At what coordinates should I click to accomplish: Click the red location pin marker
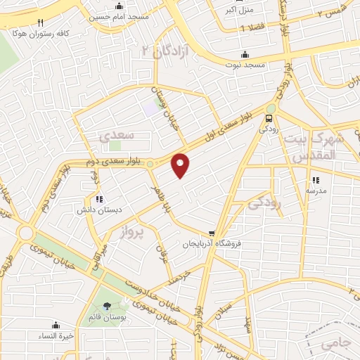point(181,165)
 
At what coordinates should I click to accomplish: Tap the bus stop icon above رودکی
point(271,118)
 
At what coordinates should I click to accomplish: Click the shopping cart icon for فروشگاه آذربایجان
point(212,233)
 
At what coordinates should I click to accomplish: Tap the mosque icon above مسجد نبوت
point(245,54)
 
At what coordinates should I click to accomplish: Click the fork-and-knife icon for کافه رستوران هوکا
point(40,22)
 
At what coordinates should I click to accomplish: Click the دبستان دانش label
point(99,209)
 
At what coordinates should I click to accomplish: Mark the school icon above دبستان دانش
point(99,199)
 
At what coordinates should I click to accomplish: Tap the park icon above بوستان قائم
point(107,306)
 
